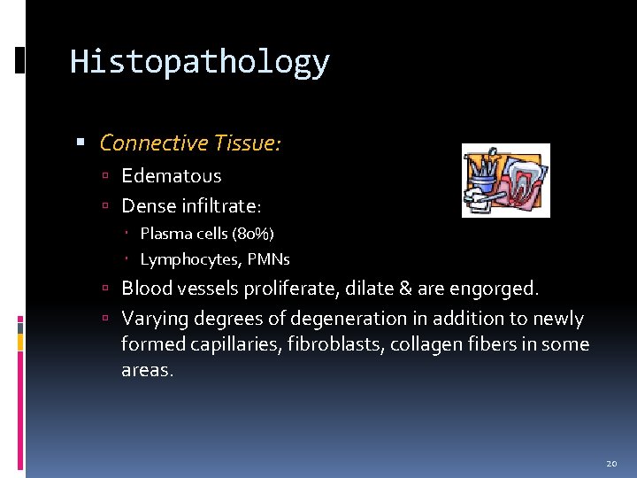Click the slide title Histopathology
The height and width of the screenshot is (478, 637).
[x=199, y=62]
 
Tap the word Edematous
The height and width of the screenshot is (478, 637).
[x=171, y=176]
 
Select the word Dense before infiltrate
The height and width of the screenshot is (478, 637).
[x=147, y=206]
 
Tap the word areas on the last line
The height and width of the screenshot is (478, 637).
[x=147, y=371]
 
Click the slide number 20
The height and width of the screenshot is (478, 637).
[x=610, y=463]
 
